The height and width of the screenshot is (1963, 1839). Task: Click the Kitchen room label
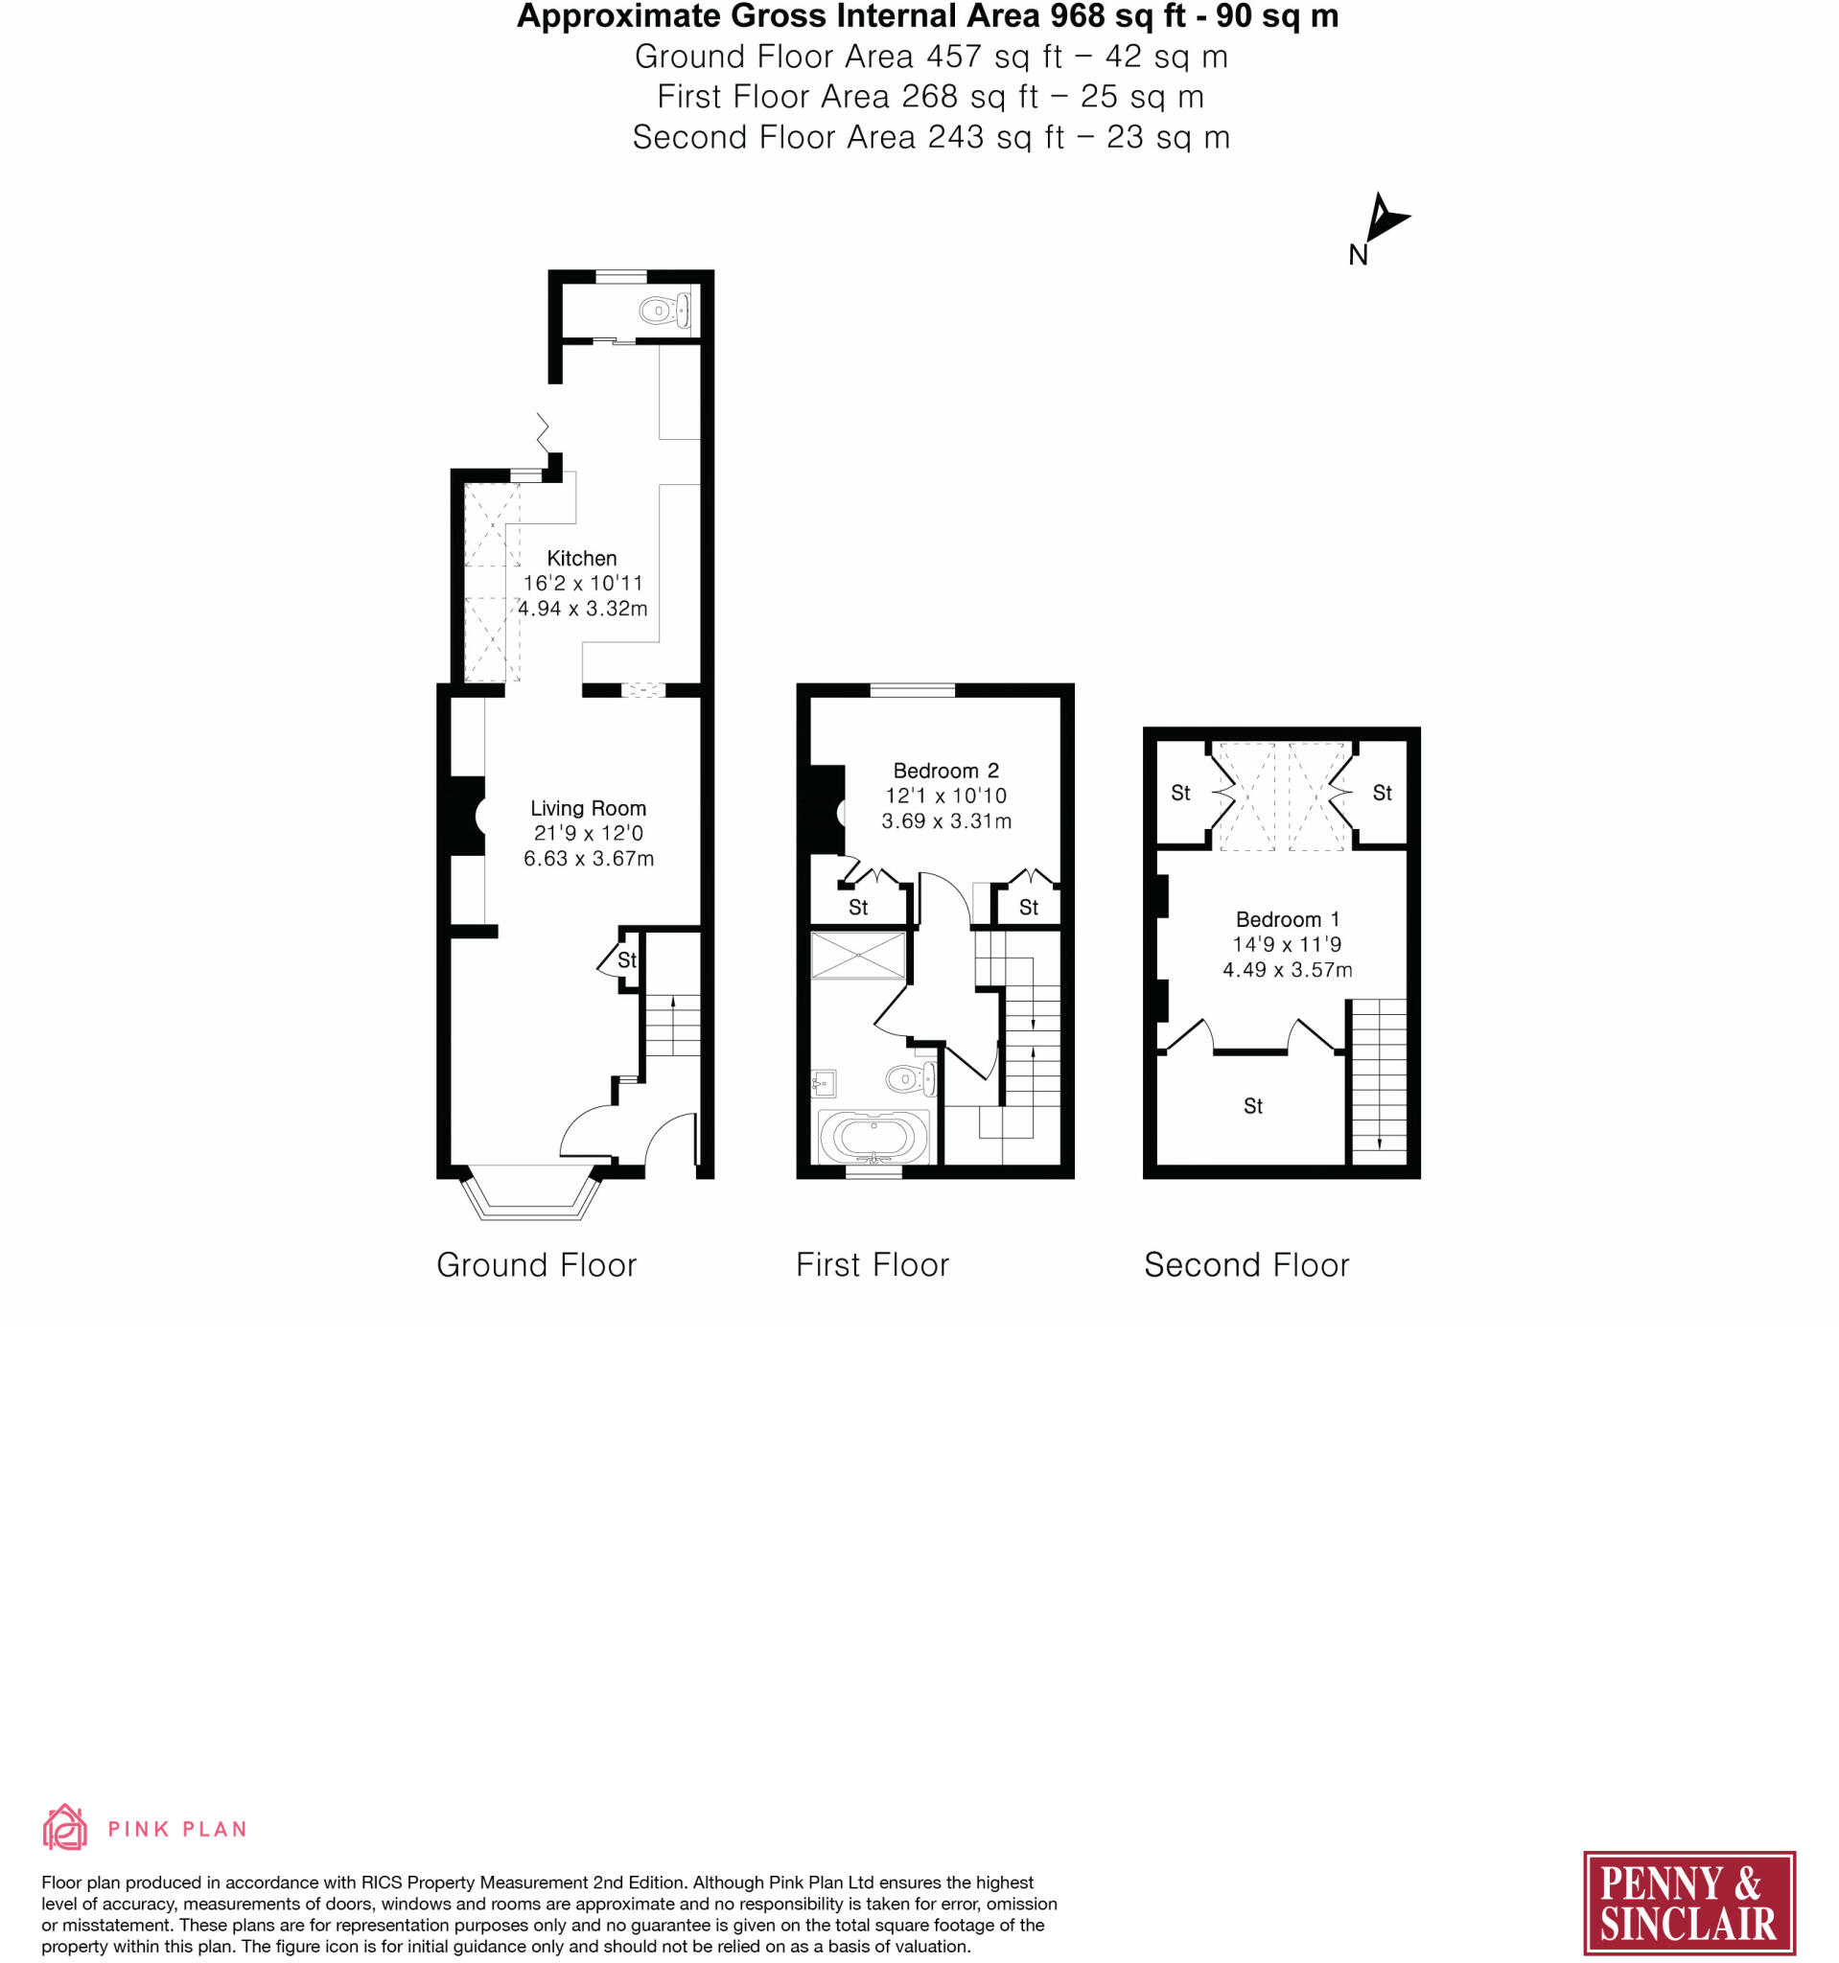(x=582, y=559)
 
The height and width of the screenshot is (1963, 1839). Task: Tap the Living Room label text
(x=588, y=809)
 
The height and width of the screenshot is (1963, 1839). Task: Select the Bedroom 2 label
(x=945, y=771)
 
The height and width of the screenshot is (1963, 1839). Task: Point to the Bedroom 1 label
(x=1287, y=919)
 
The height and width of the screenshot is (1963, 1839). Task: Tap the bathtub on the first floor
(x=873, y=1137)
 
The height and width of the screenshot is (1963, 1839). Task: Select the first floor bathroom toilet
(x=908, y=1078)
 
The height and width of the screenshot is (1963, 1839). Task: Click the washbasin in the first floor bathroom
(x=823, y=1084)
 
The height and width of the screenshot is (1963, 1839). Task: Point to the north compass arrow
(x=1385, y=219)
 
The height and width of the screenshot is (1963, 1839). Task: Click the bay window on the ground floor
(x=531, y=1196)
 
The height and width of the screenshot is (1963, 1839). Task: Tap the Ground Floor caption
(x=536, y=1265)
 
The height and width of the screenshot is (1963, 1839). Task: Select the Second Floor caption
(x=1246, y=1265)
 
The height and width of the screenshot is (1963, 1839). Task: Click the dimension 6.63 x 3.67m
(x=589, y=859)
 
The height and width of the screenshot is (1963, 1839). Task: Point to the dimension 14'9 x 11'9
(x=1287, y=945)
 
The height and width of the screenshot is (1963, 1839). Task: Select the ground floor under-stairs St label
(x=627, y=959)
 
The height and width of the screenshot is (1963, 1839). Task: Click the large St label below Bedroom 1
(x=1252, y=1107)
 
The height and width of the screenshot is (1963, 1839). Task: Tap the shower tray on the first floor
(x=857, y=955)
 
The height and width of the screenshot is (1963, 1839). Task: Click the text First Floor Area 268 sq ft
(x=848, y=97)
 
